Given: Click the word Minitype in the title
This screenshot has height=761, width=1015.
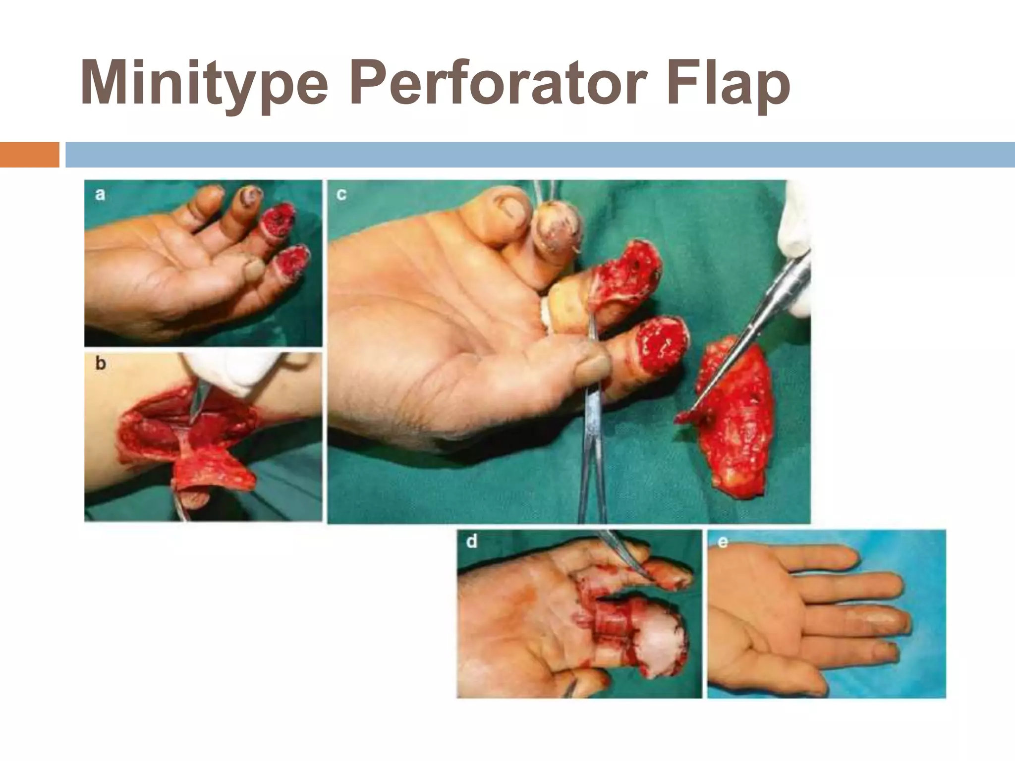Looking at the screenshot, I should [203, 83].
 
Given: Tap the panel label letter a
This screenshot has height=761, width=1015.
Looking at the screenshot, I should [100, 194].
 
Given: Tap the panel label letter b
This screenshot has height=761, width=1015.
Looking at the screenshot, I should [101, 364].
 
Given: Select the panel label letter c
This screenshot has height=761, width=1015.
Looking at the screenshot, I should [341, 194].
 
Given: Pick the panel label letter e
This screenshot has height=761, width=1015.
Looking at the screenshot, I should [723, 542].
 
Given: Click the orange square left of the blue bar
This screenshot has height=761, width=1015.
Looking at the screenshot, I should [29, 155].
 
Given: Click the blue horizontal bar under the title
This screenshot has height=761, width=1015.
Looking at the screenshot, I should [540, 155].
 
